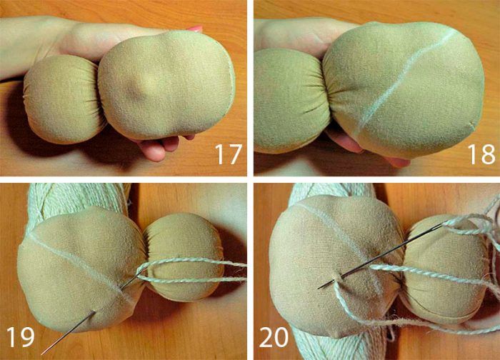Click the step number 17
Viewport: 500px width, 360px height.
(x=229, y=154)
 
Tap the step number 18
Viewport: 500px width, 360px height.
(x=481, y=154)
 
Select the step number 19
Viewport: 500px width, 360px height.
(x=20, y=336)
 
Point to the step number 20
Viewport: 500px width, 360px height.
(x=274, y=336)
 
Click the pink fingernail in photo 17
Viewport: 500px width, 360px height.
(x=195, y=29)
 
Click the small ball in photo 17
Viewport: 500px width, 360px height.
(x=63, y=99)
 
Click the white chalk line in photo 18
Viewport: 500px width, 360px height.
(x=405, y=80)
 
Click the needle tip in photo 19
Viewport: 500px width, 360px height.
(x=42, y=354)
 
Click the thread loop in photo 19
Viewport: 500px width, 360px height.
(x=191, y=271)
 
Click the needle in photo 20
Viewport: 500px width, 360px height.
(x=380, y=256)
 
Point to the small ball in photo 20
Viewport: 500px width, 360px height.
(x=444, y=271)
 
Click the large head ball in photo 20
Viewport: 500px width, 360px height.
(x=335, y=265)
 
